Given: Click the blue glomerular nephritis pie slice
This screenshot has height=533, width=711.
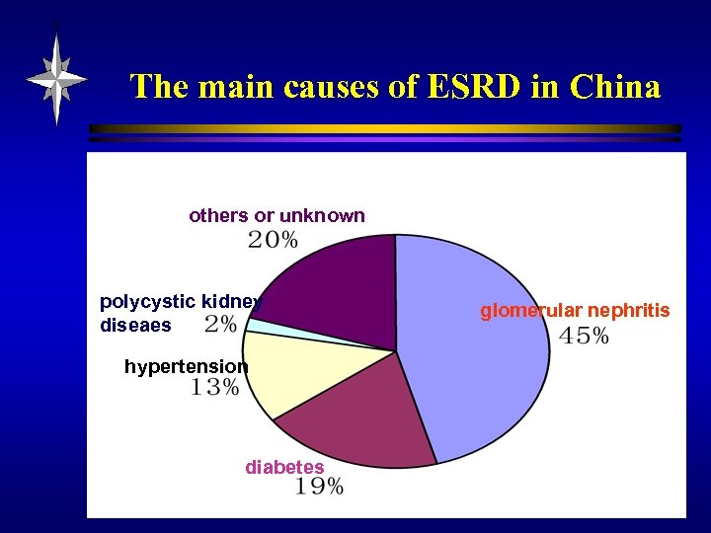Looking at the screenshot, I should [474, 345].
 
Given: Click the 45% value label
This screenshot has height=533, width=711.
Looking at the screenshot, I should [584, 337].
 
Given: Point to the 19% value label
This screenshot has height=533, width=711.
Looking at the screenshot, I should [319, 487].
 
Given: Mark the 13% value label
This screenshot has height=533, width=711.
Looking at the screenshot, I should [214, 388].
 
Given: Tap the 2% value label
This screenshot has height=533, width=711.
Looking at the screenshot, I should [220, 325].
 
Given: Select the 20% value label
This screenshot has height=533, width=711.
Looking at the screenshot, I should [272, 239].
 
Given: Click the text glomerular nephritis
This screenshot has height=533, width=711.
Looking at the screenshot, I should [575, 311].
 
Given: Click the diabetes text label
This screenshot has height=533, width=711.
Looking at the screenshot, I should [284, 467].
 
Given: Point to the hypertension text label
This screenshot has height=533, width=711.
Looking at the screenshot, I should [187, 367].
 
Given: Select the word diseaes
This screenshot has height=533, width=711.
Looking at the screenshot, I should [135, 325].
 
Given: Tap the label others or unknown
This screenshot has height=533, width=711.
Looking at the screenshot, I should [276, 215].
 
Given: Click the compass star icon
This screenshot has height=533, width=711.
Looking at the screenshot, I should [56, 78].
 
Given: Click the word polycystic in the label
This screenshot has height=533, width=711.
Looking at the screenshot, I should [147, 301].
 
